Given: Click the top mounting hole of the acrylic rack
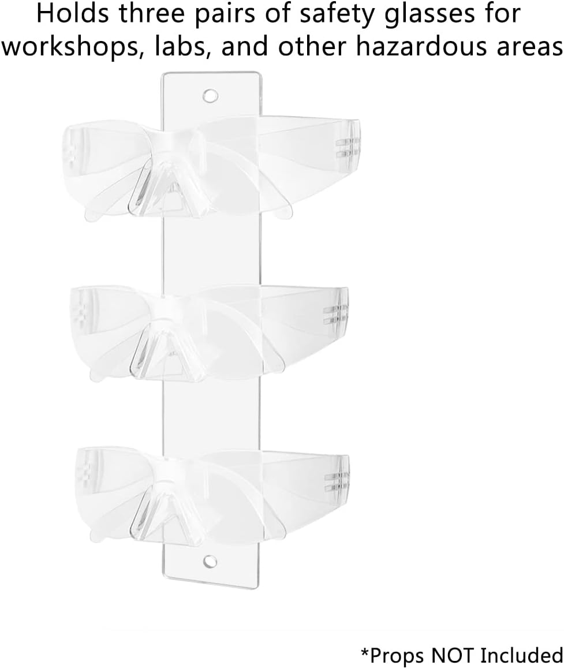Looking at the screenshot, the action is tap(210, 96).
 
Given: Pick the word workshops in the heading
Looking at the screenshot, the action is tap(73, 46).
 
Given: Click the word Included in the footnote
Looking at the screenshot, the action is tap(521, 655).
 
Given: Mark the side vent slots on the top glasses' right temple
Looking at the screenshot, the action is tap(347, 148).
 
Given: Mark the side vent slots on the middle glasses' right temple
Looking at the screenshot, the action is tap(335, 315).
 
